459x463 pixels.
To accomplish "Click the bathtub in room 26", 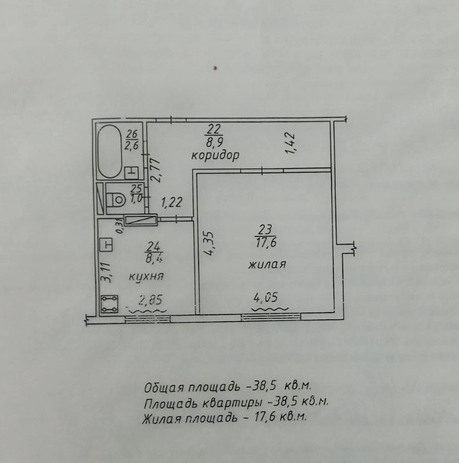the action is [110, 151].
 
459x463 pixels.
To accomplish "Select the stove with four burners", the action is [110, 304].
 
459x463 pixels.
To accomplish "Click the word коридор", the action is [215, 156].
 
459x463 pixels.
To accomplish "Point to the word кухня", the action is [146, 277].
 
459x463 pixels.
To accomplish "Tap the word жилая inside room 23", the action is [267, 264].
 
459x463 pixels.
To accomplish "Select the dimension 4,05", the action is [266, 297].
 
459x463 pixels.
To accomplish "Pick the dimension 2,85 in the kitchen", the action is [150, 300].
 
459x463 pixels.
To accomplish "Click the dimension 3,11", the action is [106, 273].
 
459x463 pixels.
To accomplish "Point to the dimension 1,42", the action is [290, 143].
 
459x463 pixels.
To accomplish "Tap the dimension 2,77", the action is [156, 171].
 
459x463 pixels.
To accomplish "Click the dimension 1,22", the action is [171, 203].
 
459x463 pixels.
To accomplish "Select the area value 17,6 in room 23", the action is [266, 243].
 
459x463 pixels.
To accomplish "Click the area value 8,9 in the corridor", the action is [215, 142].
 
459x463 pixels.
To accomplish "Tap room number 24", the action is [154, 246].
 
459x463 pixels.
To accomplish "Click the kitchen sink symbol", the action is [106, 245].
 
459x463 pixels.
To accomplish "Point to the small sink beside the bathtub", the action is [132, 173].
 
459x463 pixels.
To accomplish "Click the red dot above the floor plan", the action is [215, 68].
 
